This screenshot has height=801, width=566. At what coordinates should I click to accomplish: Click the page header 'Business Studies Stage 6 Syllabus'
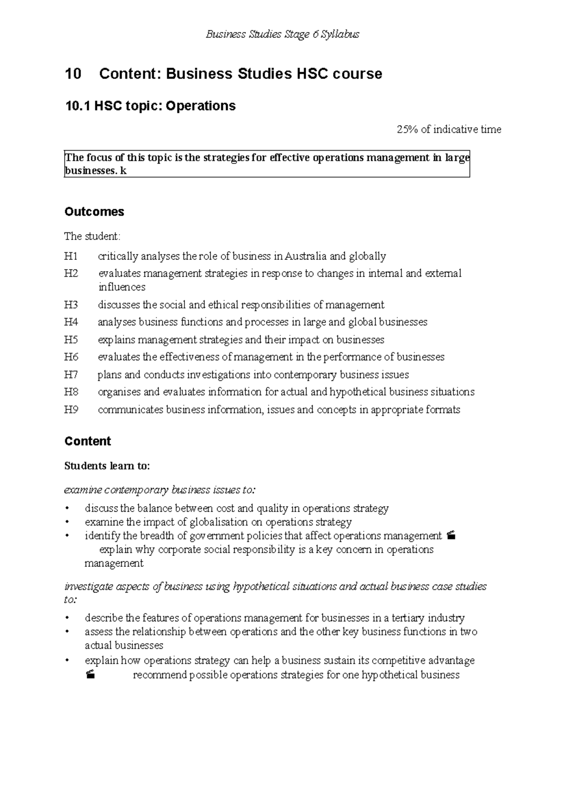tap(283, 34)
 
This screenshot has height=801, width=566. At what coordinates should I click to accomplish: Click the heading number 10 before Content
tap(73, 74)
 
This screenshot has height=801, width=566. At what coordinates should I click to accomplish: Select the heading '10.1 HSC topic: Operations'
tap(150, 105)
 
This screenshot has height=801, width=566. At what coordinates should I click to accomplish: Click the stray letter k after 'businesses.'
tap(124, 171)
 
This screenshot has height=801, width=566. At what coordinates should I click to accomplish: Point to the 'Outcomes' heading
tap(94, 212)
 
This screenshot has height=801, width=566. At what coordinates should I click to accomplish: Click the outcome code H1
tap(71, 256)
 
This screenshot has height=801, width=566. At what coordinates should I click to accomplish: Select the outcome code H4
tap(71, 322)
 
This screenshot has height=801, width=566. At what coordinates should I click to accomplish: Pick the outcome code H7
tap(71, 375)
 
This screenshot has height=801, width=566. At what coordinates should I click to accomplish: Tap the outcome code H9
tap(71, 410)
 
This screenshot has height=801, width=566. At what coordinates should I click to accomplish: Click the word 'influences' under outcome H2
tap(122, 287)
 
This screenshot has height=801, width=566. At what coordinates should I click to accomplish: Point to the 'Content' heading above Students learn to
tap(87, 441)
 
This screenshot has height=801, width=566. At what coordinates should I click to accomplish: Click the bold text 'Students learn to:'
tap(107, 466)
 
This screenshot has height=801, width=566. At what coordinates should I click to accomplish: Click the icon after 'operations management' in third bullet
tap(451, 536)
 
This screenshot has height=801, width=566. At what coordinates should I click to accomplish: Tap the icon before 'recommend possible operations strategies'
tap(91, 675)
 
